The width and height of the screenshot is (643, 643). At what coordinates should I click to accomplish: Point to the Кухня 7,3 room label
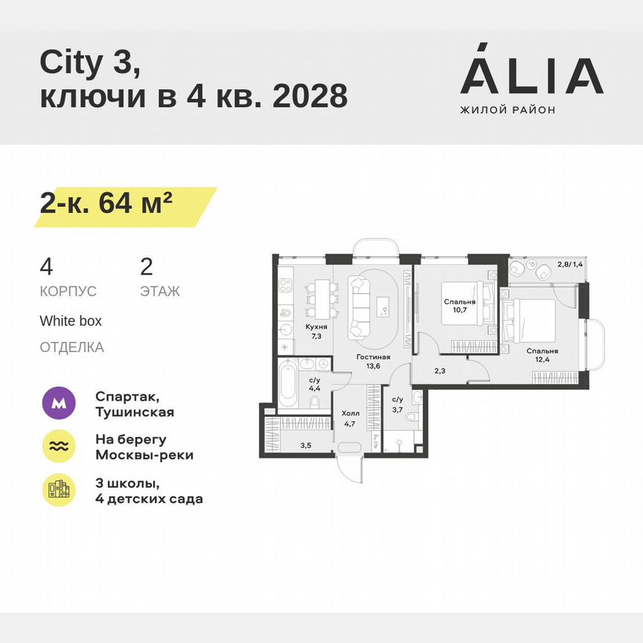(316, 331)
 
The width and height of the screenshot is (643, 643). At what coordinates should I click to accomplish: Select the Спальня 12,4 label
(542, 355)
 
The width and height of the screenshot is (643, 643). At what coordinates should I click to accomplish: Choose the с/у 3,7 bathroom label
(397, 403)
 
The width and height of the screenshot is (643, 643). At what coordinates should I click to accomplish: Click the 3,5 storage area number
(305, 446)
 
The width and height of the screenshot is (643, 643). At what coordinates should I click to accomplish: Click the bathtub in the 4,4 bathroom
(289, 383)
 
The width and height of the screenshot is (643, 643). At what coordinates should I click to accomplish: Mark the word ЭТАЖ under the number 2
(160, 291)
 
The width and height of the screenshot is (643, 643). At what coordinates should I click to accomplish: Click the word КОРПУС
(68, 291)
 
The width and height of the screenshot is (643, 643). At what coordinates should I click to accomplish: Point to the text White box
(71, 321)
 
